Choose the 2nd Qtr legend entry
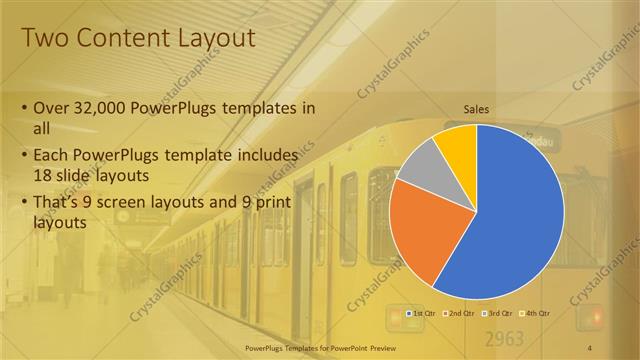[x=461, y=313]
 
